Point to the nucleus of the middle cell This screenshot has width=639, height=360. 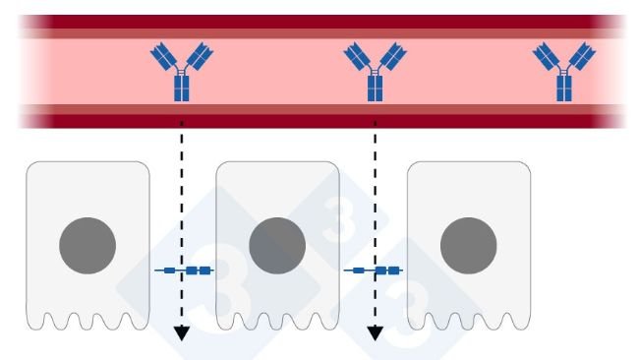point(277,246)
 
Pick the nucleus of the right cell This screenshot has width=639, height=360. point(468,246)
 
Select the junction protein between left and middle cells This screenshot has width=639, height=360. point(184,270)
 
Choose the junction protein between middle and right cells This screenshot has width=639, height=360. point(375,270)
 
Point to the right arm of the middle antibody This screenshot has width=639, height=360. point(391,56)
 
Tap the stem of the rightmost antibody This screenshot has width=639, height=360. point(563,88)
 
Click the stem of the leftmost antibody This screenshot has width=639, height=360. point(181,88)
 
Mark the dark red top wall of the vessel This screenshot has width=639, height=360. point(315,22)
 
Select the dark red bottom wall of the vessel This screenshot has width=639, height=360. point(315,120)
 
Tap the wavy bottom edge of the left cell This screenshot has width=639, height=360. point(87,322)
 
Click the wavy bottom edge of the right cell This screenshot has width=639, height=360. point(468,322)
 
